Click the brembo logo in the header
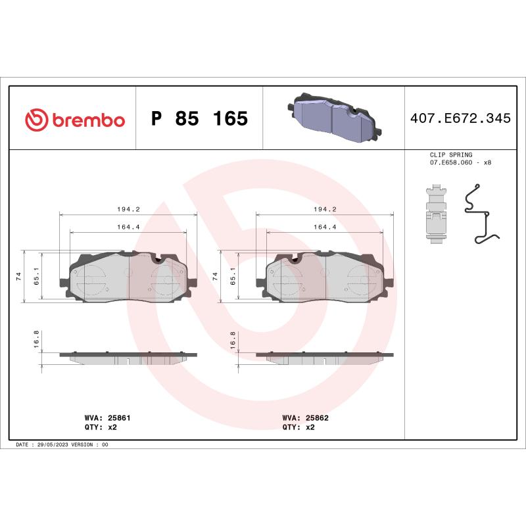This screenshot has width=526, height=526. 74,120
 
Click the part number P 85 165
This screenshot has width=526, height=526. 199,120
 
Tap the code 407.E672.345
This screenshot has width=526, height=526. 460,119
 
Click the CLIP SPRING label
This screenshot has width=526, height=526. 450,155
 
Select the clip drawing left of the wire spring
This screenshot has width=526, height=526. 435,214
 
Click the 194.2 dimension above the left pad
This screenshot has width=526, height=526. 128,209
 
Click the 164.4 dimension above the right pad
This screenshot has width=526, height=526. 325,227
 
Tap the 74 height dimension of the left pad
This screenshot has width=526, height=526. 19,276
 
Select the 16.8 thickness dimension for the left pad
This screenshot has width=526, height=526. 37,342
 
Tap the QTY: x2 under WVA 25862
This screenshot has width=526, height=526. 299,427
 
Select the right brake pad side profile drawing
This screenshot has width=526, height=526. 325,357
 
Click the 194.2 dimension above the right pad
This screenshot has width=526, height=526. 325,209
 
